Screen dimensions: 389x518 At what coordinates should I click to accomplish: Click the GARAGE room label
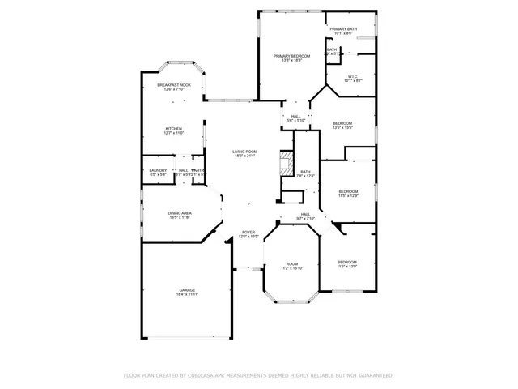point(187,289)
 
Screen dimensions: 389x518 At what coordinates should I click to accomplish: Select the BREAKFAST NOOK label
point(173,84)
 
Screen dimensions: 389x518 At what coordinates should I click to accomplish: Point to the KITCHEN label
point(173,128)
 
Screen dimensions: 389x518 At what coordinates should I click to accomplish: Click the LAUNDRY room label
point(158,170)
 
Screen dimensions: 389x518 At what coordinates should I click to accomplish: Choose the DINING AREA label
point(180,212)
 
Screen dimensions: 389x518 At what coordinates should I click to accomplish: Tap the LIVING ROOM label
point(244,152)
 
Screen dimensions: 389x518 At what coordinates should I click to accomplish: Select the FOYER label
point(248,233)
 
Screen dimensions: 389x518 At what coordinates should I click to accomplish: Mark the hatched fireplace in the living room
point(285,163)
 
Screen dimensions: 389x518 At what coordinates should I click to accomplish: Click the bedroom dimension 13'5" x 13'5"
point(343,127)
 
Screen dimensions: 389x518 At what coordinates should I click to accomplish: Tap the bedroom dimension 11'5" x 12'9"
point(347,196)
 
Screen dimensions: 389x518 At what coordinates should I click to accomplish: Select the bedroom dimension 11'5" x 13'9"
point(346,267)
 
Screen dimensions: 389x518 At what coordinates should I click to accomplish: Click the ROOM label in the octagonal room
point(291,263)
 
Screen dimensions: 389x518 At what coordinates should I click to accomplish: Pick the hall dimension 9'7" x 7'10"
point(306,219)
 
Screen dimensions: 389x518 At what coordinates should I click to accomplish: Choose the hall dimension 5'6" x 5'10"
point(295,121)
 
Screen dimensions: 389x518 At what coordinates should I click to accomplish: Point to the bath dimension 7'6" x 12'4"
point(305,176)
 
